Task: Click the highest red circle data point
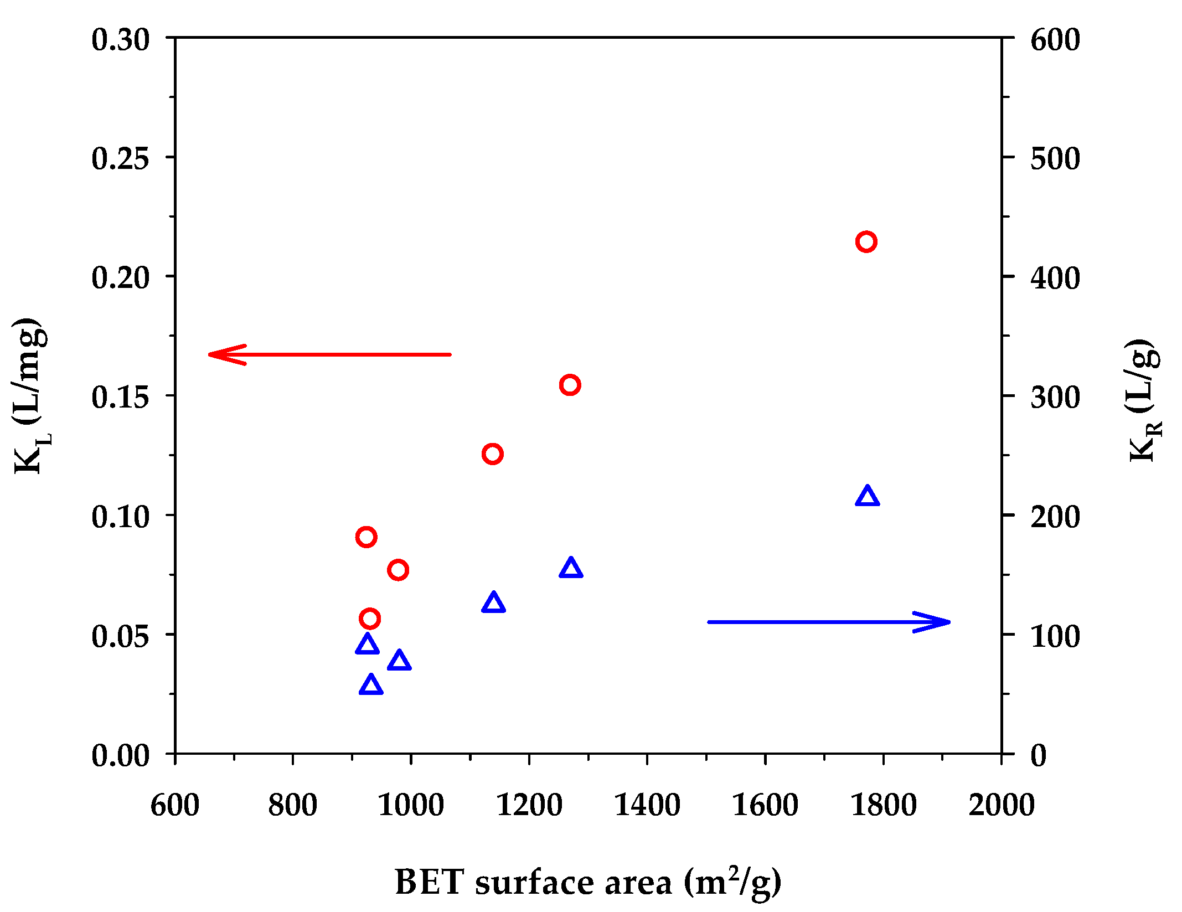click(866, 242)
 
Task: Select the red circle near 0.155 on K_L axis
click(570, 385)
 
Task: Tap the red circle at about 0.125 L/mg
click(492, 454)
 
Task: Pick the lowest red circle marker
click(370, 619)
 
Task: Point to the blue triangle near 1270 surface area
click(571, 569)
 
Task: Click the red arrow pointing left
click(329, 354)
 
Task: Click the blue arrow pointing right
click(829, 622)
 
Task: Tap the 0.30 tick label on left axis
click(121, 40)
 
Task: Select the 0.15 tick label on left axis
click(121, 397)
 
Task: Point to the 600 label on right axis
click(1055, 40)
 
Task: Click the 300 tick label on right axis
click(1055, 397)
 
